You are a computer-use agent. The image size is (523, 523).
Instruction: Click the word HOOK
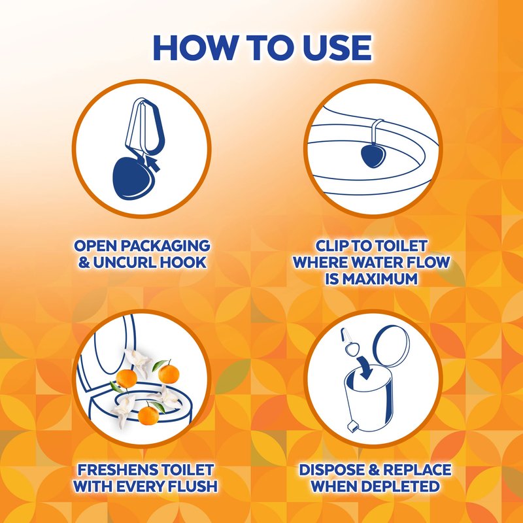pyautogui.click(x=183, y=263)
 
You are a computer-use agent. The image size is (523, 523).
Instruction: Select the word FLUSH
pyautogui.click(x=192, y=486)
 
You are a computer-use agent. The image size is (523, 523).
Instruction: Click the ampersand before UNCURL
pyautogui.click(x=84, y=263)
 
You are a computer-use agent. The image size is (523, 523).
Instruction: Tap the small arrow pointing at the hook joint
pyautogui.click(x=152, y=163)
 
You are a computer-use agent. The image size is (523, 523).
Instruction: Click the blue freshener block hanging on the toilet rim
pyautogui.click(x=373, y=155)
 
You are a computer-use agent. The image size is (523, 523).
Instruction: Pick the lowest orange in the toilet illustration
pyautogui.click(x=148, y=414)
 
